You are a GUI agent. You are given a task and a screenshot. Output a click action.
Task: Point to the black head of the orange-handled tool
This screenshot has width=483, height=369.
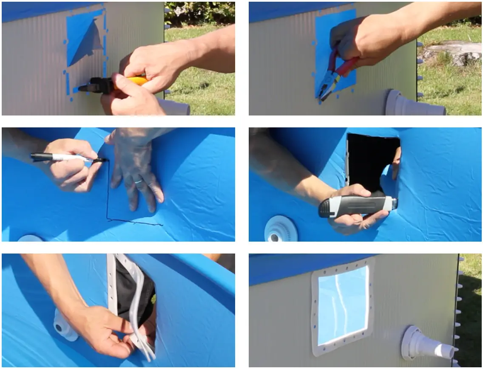pos(96,86)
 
